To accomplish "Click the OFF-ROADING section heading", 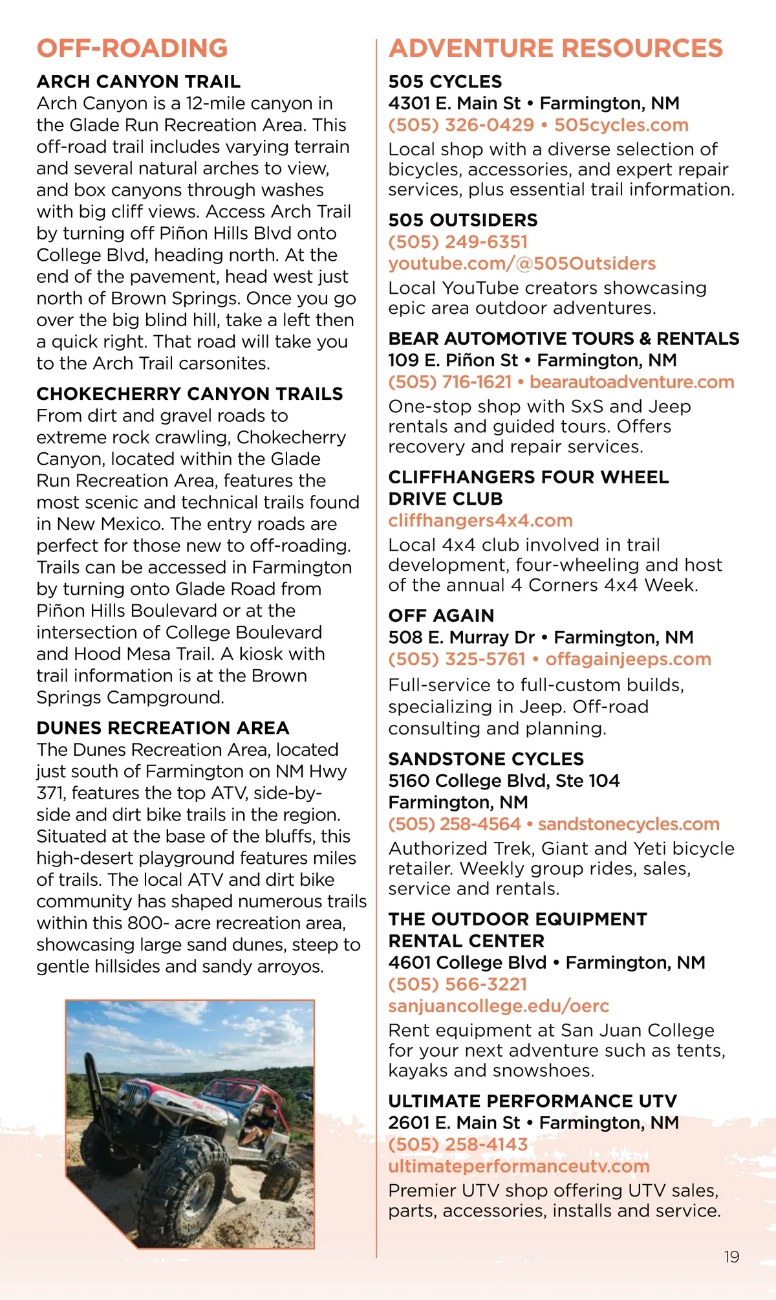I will click(x=132, y=49).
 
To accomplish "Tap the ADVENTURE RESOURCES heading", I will click(x=555, y=49).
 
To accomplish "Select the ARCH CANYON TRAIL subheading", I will click(x=138, y=82).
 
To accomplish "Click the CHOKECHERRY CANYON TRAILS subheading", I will click(x=189, y=393).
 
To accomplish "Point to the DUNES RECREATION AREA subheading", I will click(x=162, y=728).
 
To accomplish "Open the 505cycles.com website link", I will click(x=621, y=125).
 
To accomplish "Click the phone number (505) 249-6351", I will click(x=458, y=242).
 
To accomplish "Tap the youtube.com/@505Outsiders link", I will click(x=522, y=263).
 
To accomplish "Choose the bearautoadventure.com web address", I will click(x=632, y=382).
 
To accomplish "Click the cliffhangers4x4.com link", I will click(x=480, y=520).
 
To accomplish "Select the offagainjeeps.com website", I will click(x=628, y=659).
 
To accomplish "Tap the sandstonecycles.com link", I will click(x=629, y=824).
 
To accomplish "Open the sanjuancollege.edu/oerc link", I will click(x=499, y=1006).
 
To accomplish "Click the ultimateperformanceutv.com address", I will click(x=519, y=1166).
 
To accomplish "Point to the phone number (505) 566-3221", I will click(x=457, y=984).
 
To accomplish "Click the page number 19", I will click(x=731, y=1257).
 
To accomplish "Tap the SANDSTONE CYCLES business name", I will click(x=486, y=759).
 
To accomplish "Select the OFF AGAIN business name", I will click(x=441, y=615).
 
